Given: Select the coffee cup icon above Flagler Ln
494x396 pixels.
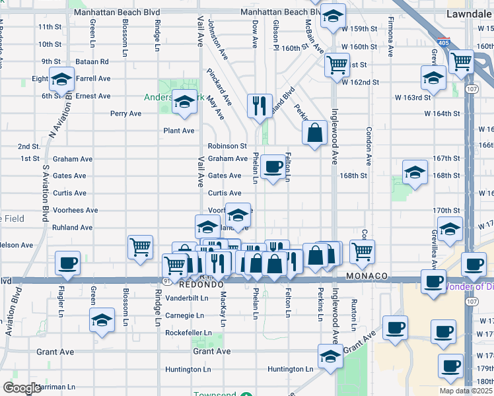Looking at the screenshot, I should [67, 263].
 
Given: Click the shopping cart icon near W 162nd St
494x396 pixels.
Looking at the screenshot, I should [337, 65].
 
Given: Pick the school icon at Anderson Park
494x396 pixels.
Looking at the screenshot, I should [184, 102].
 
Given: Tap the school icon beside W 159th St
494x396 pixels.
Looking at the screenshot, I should [334, 16].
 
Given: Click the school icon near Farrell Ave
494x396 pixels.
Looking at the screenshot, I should [61, 81].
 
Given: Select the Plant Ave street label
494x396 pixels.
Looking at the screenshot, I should [179, 131].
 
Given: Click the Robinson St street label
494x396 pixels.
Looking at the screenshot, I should [227, 147].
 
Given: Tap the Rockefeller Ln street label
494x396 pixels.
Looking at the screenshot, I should [189, 333].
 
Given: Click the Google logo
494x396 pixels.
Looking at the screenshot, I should [22, 387].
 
